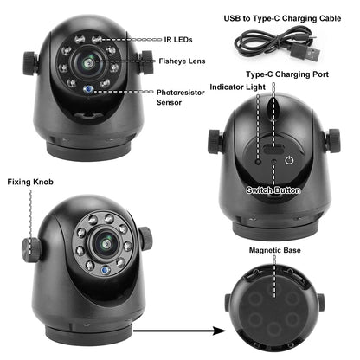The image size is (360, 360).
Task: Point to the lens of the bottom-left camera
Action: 101,243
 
